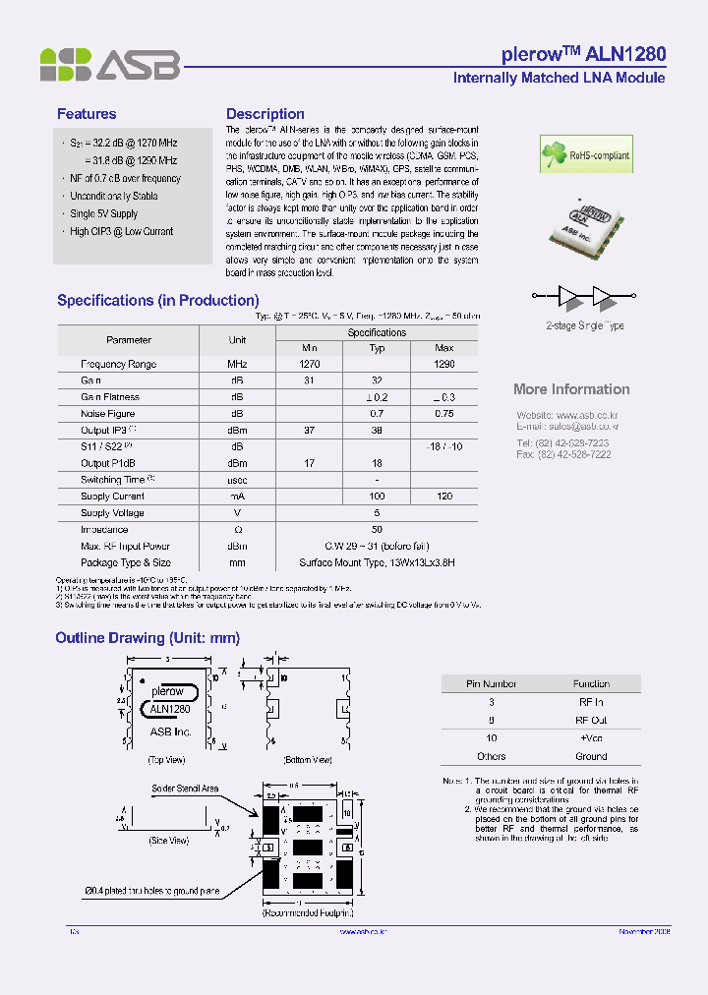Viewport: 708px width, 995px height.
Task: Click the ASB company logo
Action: (109, 65)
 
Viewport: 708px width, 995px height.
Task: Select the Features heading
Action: (87, 114)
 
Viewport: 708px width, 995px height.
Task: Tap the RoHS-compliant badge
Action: (585, 154)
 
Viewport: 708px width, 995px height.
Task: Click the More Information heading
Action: (571, 389)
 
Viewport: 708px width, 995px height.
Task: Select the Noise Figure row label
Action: (107, 414)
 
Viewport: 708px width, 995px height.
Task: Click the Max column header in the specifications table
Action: (443, 348)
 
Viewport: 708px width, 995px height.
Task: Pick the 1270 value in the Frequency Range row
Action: (310, 364)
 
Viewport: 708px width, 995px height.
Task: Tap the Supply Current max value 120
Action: (443, 497)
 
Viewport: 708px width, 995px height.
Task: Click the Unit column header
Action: (237, 340)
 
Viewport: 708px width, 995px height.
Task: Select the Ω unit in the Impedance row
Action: (237, 530)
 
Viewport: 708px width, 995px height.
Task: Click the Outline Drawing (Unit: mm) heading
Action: (147, 638)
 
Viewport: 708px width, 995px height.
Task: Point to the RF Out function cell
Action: (591, 720)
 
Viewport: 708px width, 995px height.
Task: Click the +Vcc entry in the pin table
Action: (591, 737)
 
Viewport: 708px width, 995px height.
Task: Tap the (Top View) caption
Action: (167, 760)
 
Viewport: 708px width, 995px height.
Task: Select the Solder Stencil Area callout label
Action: (185, 789)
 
